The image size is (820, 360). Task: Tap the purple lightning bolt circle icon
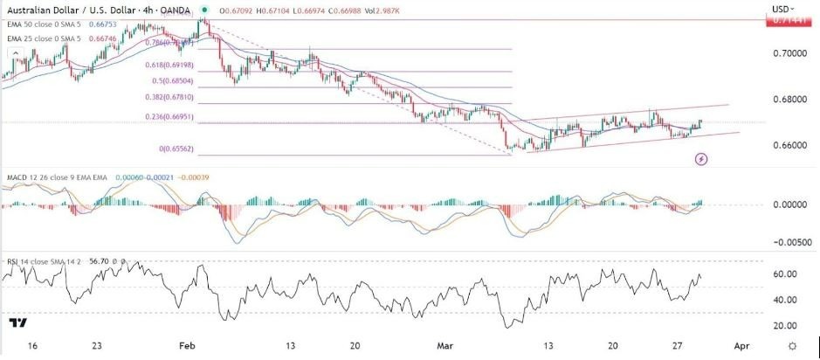(x=701, y=159)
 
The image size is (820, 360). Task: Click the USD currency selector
(x=782, y=8)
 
